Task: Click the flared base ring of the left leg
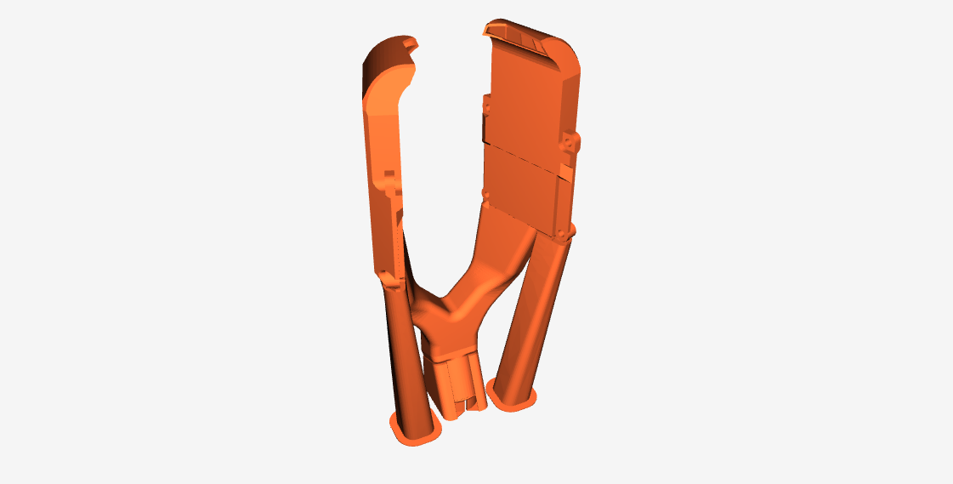click(x=414, y=432)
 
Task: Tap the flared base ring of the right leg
click(x=514, y=397)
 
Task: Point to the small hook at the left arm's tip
click(x=413, y=40)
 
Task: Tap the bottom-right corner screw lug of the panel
click(x=563, y=231)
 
